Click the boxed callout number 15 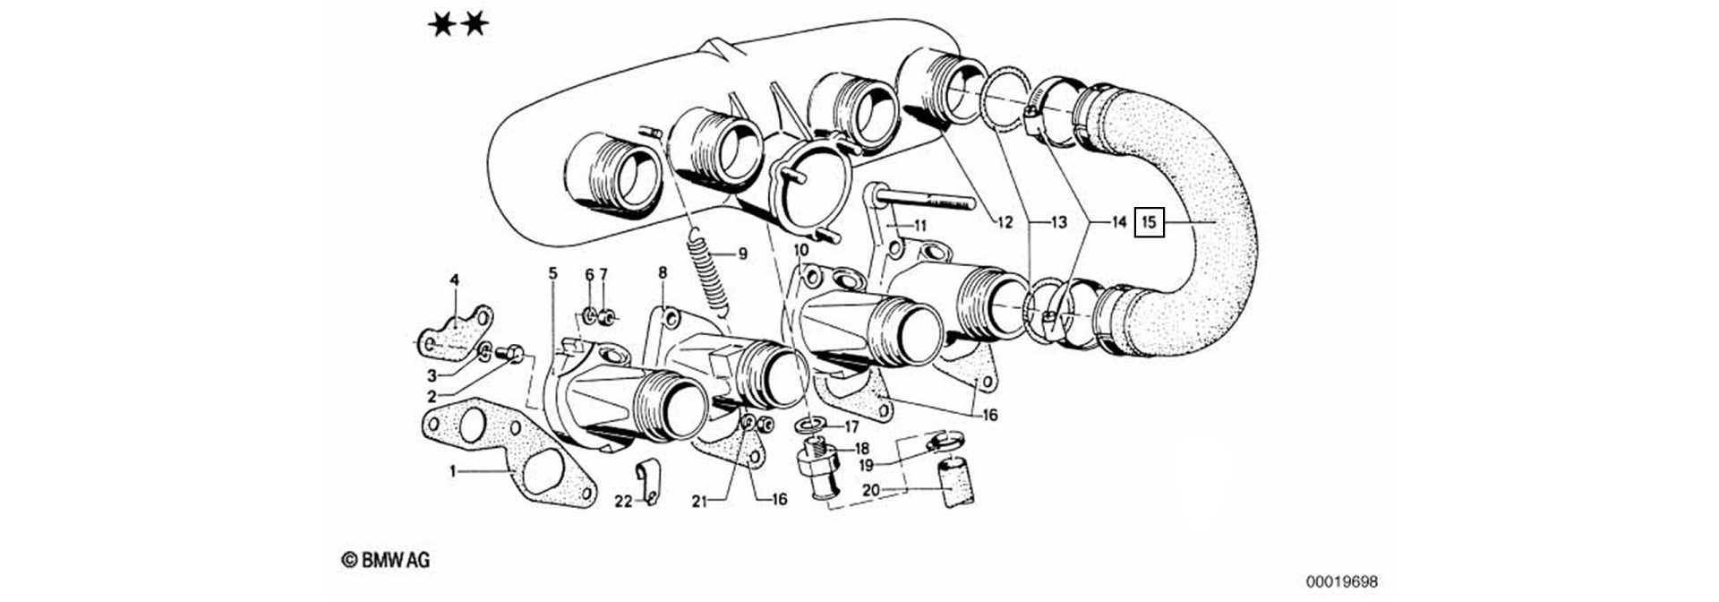point(1149,221)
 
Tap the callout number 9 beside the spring point(742,254)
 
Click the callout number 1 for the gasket point(453,470)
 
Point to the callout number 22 point(622,501)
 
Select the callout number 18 point(862,448)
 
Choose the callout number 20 point(870,490)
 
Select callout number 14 point(1118,221)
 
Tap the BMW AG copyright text point(386,560)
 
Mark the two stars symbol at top point(458,24)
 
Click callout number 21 point(698,502)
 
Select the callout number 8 point(663,271)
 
